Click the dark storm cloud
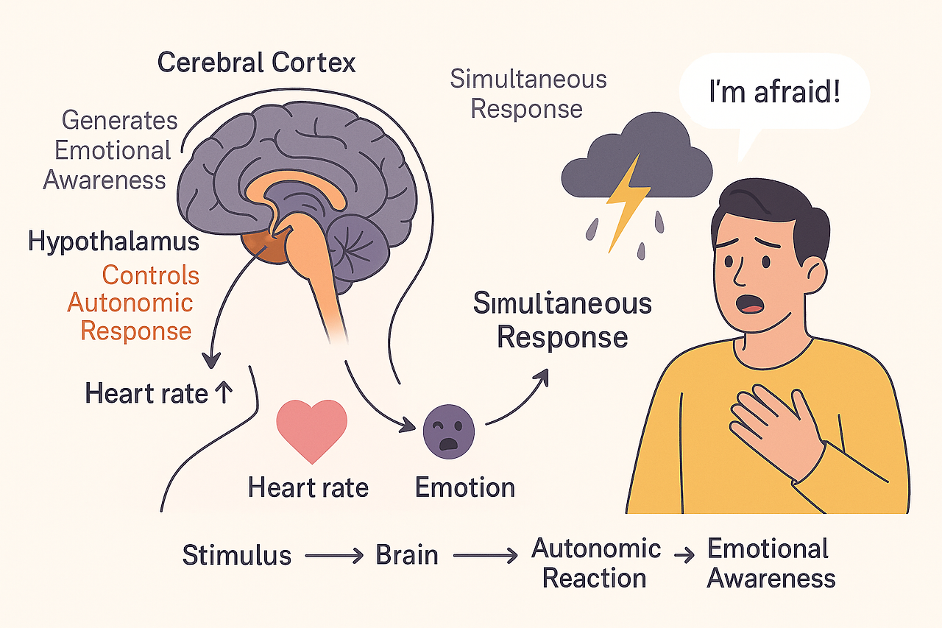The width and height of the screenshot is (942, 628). [x=636, y=163]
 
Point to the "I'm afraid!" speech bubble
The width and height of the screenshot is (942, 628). [x=772, y=94]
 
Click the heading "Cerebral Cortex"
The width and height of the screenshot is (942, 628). [x=257, y=62]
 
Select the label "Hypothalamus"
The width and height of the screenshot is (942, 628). [x=113, y=242]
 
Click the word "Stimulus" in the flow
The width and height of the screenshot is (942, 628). [x=236, y=554]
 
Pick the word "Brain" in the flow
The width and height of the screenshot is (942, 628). [x=407, y=554]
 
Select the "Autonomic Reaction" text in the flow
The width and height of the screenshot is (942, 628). [x=595, y=562]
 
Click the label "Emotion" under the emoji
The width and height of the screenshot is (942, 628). [x=464, y=487]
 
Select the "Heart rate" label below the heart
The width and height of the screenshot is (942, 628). [x=308, y=487]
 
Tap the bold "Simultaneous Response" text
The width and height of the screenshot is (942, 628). [x=562, y=321]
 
